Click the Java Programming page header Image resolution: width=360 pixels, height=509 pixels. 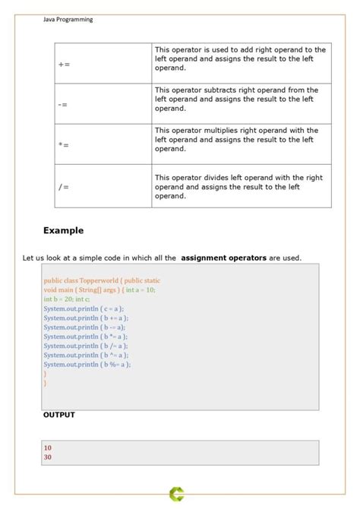pos(68,20)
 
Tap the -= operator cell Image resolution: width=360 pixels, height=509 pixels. pos(62,104)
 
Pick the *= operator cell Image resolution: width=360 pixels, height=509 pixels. pos(64,144)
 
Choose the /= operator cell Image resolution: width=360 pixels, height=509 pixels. pos(63,185)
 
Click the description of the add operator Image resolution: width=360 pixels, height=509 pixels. pos(240,58)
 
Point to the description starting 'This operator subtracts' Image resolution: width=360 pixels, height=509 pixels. pos(236,99)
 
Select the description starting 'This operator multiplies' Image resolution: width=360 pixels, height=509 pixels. pos(236,140)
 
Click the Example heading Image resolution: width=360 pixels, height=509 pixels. pos(63,231)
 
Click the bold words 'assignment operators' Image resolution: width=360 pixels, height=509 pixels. pos(223,258)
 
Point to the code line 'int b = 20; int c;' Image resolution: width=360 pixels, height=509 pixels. pos(67,299)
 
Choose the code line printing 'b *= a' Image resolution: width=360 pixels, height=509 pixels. pos(85,336)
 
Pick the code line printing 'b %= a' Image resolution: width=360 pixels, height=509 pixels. pos(87,364)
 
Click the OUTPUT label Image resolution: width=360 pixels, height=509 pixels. pos(58,416)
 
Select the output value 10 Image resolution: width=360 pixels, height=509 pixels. pos(48,448)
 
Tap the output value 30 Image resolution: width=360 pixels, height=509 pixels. pos(48,457)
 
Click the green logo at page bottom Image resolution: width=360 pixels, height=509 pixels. pos(177,495)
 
